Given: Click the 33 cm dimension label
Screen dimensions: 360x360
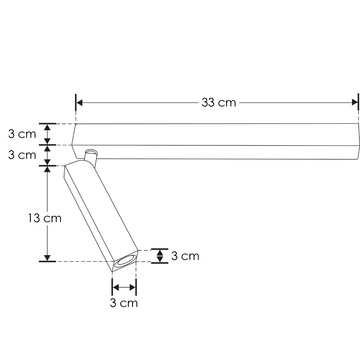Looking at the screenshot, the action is (x=219, y=102).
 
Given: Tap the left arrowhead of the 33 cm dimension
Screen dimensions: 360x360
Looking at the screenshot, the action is (x=79, y=102).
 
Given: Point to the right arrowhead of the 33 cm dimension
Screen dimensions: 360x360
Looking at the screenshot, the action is (x=355, y=102).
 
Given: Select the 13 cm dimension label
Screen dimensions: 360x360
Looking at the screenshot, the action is (x=45, y=218).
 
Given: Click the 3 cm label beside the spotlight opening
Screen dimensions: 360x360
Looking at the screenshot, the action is (x=185, y=256).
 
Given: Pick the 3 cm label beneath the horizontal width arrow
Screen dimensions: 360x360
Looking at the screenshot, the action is (x=124, y=303).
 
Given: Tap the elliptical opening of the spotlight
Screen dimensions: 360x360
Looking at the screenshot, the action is (x=125, y=260).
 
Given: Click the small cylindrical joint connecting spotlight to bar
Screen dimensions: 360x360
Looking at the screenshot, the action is (x=91, y=156).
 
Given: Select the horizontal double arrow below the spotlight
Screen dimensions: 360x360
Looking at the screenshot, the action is (x=124, y=287).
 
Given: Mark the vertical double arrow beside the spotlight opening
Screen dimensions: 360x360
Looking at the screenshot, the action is (x=160, y=256).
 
